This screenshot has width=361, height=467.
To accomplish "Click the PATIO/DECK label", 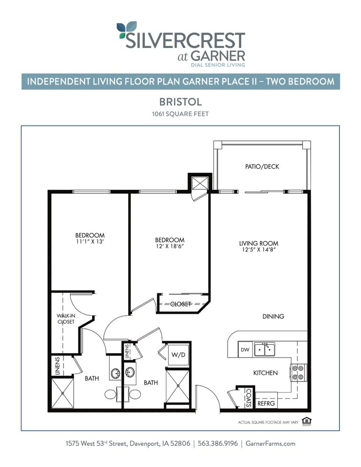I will pos(262,167).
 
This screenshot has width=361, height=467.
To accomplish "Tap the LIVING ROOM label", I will pos(259,243).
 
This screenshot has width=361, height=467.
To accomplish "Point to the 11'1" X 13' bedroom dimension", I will pos(90,242).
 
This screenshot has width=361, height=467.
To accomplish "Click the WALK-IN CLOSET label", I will pos(66,319).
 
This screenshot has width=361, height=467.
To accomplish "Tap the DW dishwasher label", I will pos(244,350).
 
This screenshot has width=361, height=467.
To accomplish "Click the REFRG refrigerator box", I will pos(266,403).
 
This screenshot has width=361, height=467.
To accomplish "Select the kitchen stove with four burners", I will pos(298,372).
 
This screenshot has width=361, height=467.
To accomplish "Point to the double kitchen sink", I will pos(265,350).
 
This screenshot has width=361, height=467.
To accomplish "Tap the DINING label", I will pos(273,316).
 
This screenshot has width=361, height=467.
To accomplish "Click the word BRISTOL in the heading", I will pos(180,101).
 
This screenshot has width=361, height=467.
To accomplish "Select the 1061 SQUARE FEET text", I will pos(180,114).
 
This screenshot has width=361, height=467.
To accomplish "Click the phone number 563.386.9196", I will pos(218,444).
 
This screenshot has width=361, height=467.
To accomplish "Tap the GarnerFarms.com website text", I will pos(270,444).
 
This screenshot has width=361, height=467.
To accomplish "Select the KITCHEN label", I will pos(266,373).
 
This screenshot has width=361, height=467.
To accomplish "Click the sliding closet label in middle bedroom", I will pos(181,304).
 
